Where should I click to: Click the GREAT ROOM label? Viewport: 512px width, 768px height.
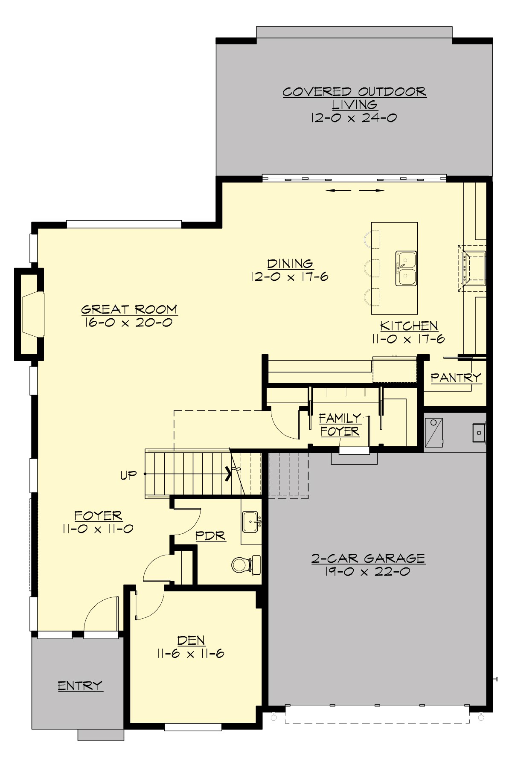[129, 309]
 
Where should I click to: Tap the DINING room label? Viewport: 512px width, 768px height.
[290, 264]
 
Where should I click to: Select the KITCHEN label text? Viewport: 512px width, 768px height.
[409, 326]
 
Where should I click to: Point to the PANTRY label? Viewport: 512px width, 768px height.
[455, 378]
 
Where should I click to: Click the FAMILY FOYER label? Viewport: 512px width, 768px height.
[340, 425]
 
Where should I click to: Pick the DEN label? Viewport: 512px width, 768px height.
[191, 640]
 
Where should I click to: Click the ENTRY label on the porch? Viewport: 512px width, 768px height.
[80, 686]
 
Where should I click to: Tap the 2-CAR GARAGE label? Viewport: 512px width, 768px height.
[368, 559]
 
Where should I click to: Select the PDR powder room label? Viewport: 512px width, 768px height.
[210, 536]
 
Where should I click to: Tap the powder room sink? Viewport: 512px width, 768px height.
[250, 521]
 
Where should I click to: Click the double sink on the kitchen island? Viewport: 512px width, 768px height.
[406, 268]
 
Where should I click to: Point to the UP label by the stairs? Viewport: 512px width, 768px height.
[128, 475]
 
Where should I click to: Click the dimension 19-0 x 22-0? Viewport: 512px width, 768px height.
[367, 572]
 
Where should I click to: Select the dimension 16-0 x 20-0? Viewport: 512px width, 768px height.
[128, 323]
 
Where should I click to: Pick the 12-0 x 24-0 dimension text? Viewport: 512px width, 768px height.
[354, 118]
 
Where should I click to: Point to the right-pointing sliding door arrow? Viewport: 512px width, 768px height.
[372, 191]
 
